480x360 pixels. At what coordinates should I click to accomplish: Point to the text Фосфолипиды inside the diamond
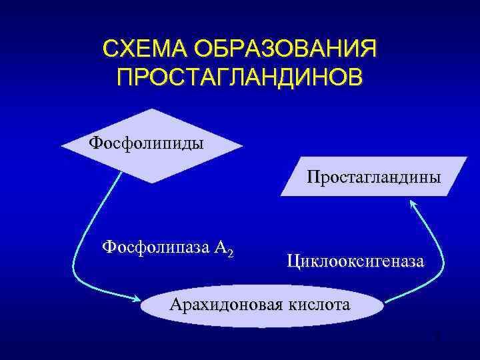coord(147,143)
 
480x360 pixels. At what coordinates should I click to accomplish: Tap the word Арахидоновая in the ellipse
coord(227,305)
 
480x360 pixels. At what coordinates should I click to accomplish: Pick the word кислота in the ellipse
coord(319,305)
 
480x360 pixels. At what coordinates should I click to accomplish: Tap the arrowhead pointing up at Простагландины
coord(412,206)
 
